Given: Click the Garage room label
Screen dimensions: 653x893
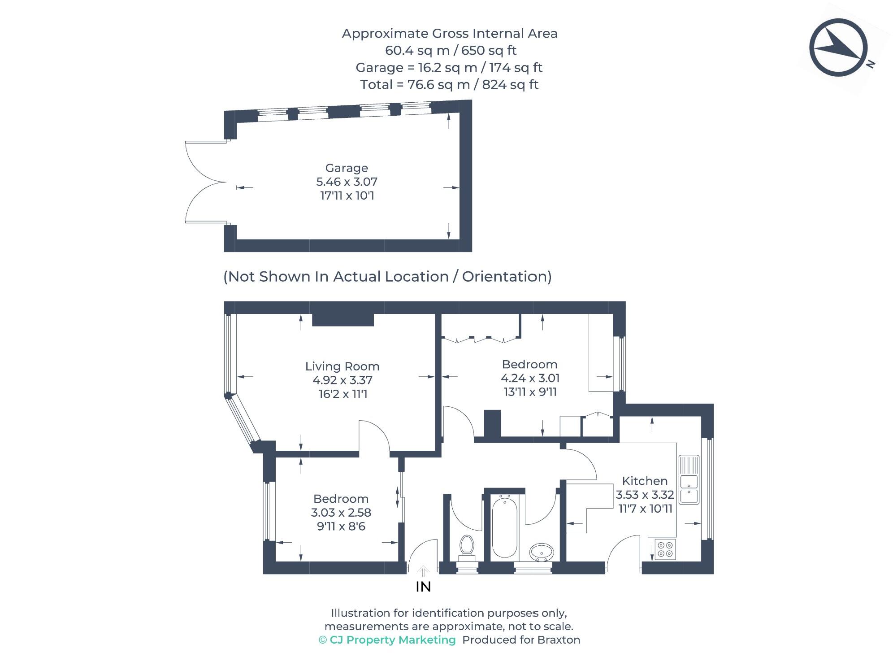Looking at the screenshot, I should [x=347, y=168].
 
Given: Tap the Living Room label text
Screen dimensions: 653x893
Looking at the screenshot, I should [x=342, y=366].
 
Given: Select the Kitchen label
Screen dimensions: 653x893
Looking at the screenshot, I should [x=645, y=481].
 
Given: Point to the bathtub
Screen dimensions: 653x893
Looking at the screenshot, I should [x=504, y=527].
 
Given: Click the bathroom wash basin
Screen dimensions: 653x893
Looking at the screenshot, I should [x=542, y=552].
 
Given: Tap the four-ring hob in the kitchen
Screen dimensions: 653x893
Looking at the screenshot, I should [x=665, y=549].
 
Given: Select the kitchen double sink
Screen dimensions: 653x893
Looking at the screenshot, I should [x=689, y=480].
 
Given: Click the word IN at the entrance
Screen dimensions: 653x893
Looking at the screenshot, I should [x=423, y=587].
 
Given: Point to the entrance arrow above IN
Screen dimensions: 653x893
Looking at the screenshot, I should [x=423, y=571].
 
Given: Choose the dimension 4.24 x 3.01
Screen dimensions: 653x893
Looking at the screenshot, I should [x=530, y=378].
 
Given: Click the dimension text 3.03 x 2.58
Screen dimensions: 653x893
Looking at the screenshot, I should [x=341, y=513].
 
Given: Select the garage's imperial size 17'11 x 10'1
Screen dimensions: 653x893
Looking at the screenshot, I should [x=347, y=196].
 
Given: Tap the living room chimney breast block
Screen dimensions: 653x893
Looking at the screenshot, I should [x=343, y=319].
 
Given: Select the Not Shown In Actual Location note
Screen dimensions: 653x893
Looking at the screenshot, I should [x=387, y=277].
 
